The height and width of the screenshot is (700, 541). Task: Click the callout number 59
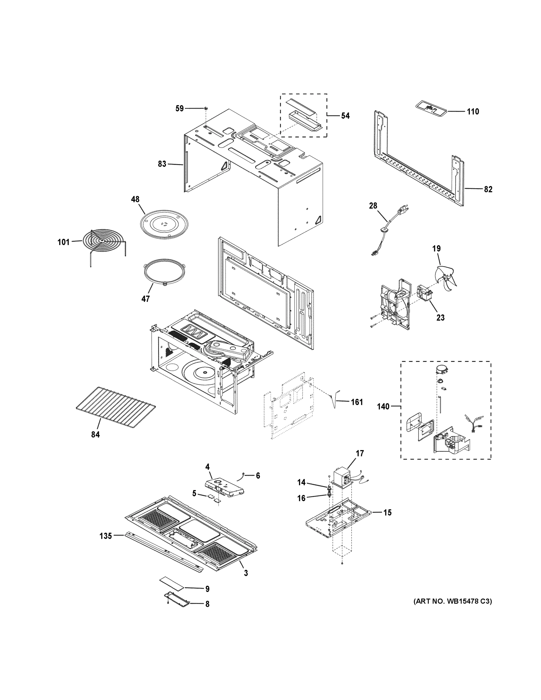click(179, 108)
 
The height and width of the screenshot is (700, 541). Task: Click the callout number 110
click(473, 111)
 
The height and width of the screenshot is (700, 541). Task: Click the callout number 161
click(357, 402)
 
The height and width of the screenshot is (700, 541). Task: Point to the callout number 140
click(383, 406)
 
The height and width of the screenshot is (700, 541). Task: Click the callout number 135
click(106, 535)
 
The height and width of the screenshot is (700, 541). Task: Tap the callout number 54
click(345, 116)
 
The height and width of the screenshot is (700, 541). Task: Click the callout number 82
click(488, 189)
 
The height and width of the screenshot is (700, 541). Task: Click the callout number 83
click(162, 164)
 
